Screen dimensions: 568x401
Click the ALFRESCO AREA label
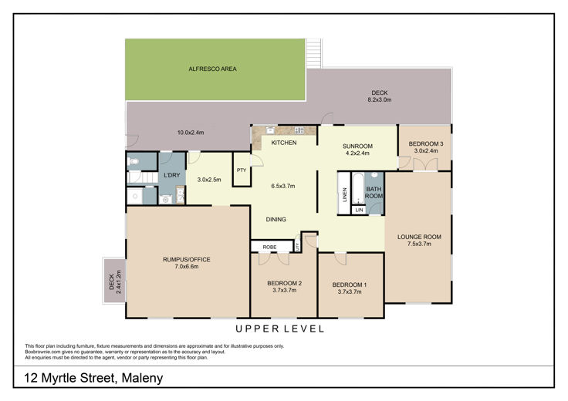[213, 69]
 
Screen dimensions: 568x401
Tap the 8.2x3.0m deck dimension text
[379, 100]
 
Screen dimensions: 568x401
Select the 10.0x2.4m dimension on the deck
[191, 133]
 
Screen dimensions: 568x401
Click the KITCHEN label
[284, 143]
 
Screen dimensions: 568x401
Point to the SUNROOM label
[357, 147]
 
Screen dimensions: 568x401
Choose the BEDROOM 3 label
[426, 143]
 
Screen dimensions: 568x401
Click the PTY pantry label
[242, 170]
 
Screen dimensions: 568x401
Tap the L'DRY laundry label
[171, 175]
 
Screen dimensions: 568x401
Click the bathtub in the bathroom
[357, 189]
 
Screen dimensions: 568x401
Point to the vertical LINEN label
[344, 194]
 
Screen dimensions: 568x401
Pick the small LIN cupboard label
[360, 210]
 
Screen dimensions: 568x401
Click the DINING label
[276, 219]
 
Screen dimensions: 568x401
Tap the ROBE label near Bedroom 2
[269, 247]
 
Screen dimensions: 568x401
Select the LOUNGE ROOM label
[419, 237]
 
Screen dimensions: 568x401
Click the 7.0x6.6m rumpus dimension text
[187, 267]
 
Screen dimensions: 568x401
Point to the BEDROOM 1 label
[350, 285]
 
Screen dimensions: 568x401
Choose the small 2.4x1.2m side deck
[114, 280]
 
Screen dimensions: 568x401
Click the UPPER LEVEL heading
[279, 329]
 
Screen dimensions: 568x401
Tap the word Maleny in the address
[142, 378]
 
